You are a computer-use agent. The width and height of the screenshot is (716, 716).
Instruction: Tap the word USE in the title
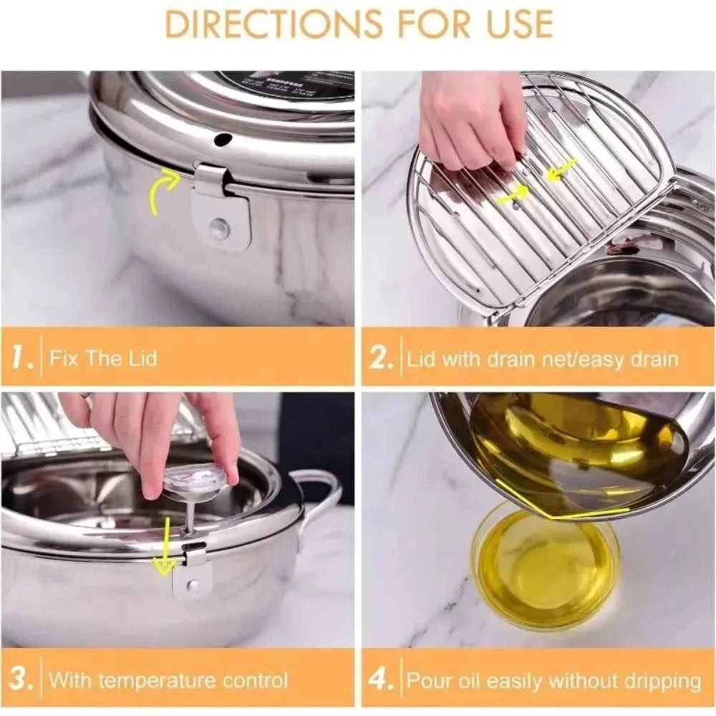pos(511,23)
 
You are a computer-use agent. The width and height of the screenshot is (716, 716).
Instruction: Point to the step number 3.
pos(21,679)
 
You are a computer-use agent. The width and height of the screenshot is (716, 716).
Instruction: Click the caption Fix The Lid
pos(102,358)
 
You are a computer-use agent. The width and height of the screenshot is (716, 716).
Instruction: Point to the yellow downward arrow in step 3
pos(165,548)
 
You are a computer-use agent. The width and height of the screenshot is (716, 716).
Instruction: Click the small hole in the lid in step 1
pos(223,138)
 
